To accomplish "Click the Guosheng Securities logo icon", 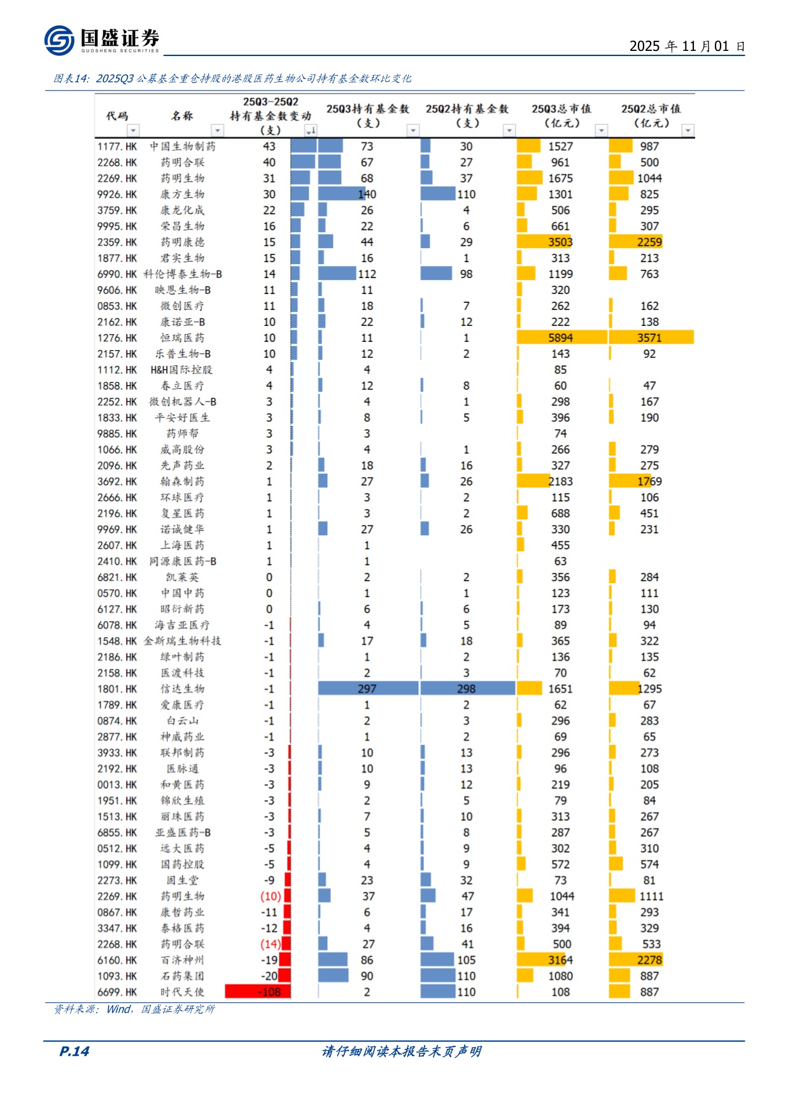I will tap(59, 41).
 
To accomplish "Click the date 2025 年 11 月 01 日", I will tap(686, 46).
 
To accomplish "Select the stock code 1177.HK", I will tap(117, 146).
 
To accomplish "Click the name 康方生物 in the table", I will tap(182, 194).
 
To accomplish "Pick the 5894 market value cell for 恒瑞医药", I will tap(560, 338).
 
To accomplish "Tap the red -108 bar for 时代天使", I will tap(258, 992).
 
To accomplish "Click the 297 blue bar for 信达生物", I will tap(367, 689).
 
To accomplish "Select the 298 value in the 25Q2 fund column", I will tap(466, 689).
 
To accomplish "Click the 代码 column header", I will tap(117, 116).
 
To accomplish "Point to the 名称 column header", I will tap(182, 116).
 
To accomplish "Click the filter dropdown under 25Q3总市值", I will tap(601, 130).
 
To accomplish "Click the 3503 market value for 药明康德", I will tap(560, 242).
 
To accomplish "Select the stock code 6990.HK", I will tap(117, 274).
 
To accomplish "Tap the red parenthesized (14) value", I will tap(270, 944).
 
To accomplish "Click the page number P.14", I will tap(74, 1051).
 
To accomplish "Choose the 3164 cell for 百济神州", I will tap(560, 960).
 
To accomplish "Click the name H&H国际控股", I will tap(181, 370).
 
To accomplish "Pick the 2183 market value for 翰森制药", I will tap(560, 482).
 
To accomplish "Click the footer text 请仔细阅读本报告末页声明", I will tap(401, 1051).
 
